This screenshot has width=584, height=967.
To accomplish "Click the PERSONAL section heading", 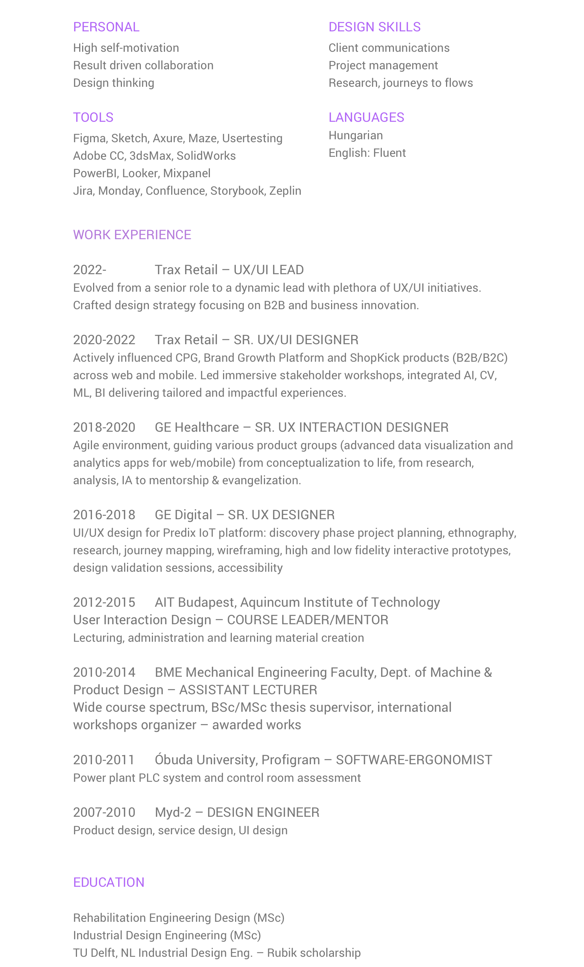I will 106,27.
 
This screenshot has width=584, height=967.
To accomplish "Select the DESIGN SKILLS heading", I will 374,27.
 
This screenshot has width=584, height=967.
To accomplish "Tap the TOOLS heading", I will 93,117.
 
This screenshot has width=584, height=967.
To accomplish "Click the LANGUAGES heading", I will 366,117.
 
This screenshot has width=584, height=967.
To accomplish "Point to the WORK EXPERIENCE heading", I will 132,234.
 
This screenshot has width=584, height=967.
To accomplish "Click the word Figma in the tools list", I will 89,138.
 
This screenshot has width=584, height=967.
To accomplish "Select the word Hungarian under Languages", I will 356,135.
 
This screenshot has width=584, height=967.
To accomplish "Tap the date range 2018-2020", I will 104,427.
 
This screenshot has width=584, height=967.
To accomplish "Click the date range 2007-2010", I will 104,812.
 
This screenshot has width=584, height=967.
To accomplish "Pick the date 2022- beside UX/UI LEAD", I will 89,269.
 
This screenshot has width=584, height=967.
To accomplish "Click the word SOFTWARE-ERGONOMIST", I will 414,760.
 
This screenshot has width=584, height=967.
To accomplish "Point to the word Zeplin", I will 285,191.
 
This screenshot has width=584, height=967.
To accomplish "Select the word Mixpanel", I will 187,173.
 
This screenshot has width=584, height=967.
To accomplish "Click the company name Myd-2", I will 173,812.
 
